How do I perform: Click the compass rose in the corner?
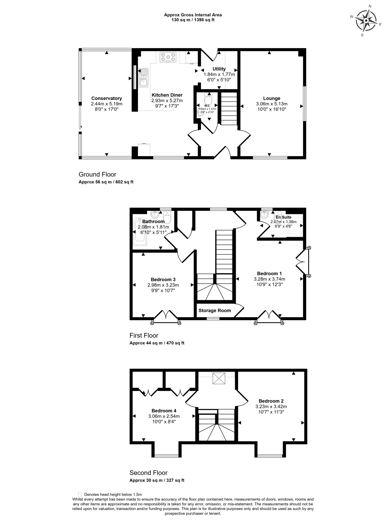click(366, 21)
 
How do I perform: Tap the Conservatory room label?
click(107, 98)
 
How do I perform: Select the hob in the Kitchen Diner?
click(168, 57)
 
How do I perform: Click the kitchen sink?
click(144, 78)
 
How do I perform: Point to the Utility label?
click(219, 69)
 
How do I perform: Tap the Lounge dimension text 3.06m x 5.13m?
click(272, 104)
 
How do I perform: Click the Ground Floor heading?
click(97, 174)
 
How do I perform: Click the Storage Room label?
click(215, 310)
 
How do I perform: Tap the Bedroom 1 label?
click(269, 274)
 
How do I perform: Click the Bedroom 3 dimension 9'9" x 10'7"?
click(163, 290)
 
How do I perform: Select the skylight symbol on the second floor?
click(219, 378)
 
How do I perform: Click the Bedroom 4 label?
click(164, 411)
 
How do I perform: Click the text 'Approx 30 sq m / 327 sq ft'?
click(157, 480)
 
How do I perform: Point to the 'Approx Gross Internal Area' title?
click(193, 15)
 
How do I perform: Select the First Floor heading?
click(144, 335)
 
